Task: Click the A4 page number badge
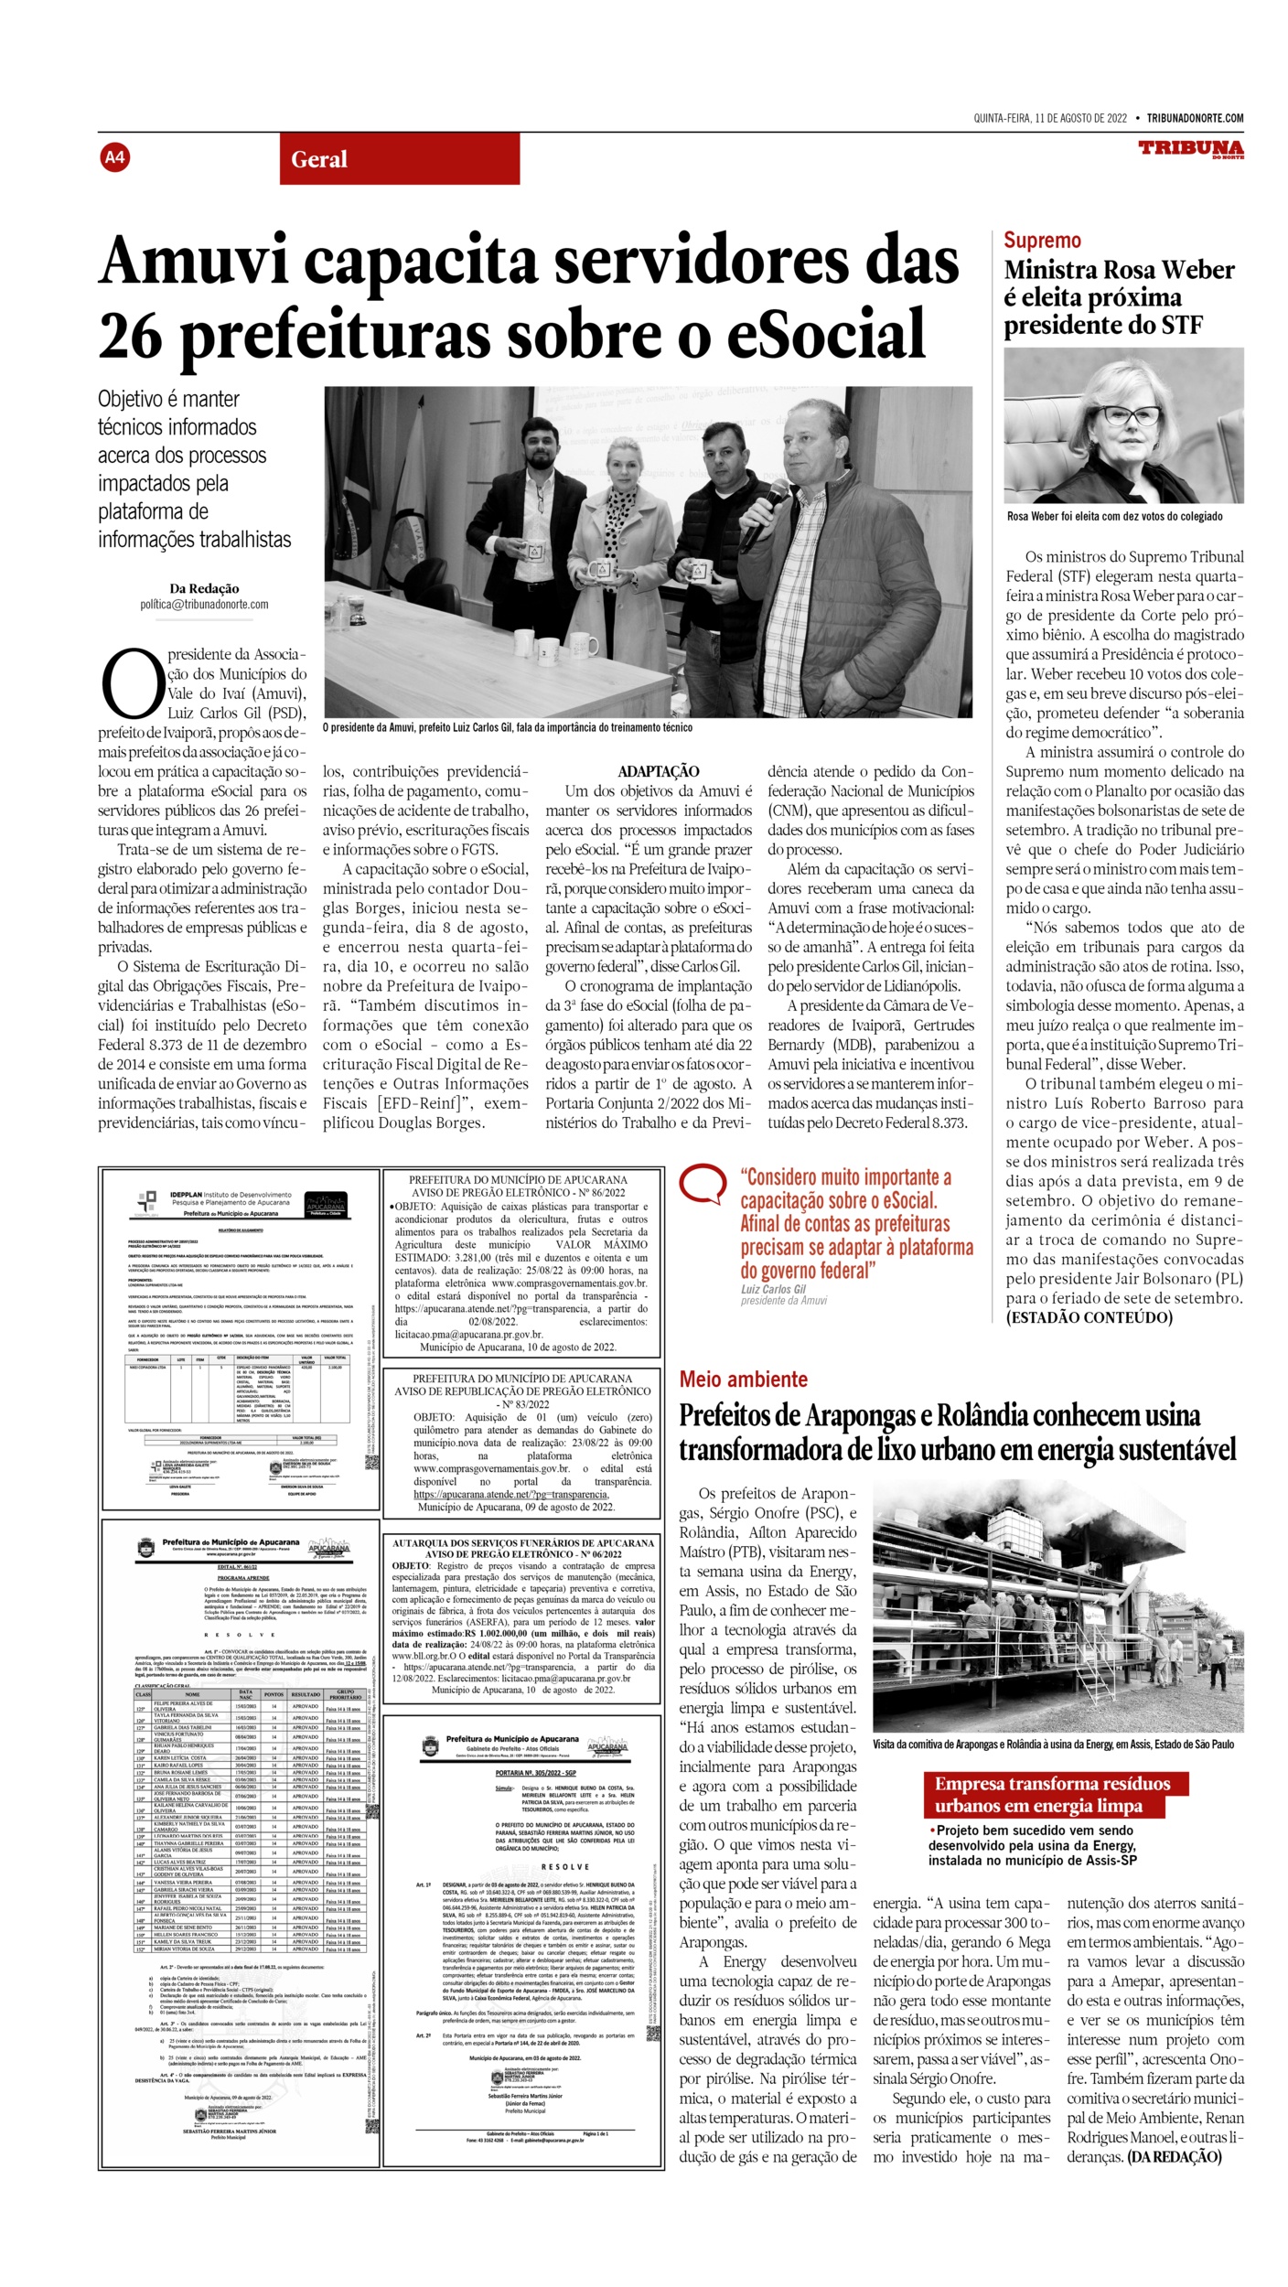(x=114, y=157)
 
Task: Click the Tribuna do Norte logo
(x=1191, y=149)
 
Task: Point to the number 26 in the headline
(x=130, y=335)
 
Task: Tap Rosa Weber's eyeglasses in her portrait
(x=1132, y=416)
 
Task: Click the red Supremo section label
(x=1042, y=241)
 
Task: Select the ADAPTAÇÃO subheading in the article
(x=658, y=771)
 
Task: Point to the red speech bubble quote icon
(x=703, y=1185)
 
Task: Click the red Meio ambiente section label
(x=743, y=1380)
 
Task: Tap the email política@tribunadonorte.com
(x=204, y=605)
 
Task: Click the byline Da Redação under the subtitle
(x=204, y=588)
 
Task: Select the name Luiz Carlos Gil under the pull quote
(x=773, y=1289)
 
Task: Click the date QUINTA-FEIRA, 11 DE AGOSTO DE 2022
(x=1049, y=118)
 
